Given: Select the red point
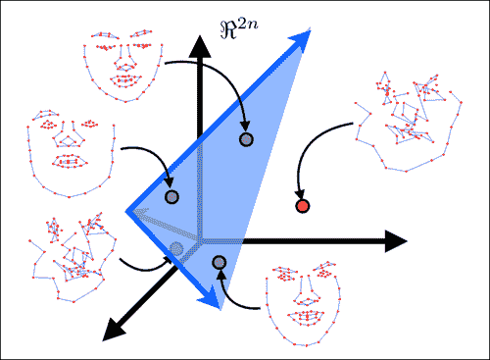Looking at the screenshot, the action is (x=302, y=206).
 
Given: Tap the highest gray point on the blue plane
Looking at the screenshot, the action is (x=246, y=139).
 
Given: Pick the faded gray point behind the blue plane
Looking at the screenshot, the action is (x=175, y=247).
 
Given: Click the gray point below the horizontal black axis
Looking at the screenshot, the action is (x=219, y=262).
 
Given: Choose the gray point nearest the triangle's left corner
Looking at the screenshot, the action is (x=171, y=197).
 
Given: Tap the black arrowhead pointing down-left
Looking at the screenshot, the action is (x=109, y=331).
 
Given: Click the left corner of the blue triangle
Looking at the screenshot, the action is (x=128, y=209).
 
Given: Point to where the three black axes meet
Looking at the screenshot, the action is (x=201, y=240).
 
